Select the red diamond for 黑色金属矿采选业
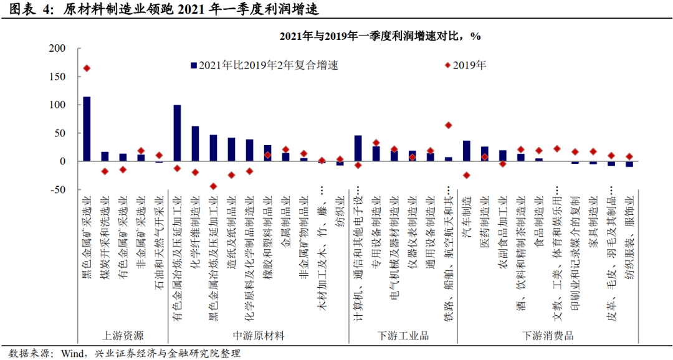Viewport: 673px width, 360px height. pyautogui.click(x=87, y=68)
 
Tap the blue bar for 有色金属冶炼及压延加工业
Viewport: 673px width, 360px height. pyautogui.click(x=177, y=133)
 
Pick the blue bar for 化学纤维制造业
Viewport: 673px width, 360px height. pyautogui.click(x=195, y=144)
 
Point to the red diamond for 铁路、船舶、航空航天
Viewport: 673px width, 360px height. pyautogui.click(x=448, y=125)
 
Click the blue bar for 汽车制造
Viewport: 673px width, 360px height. pyautogui.click(x=466, y=151)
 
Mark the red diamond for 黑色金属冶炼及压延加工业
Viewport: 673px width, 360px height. pyautogui.click(x=213, y=186)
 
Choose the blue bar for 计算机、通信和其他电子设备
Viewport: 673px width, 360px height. pyautogui.click(x=358, y=148)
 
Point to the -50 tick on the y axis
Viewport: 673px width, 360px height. pyautogui.click(x=57, y=189)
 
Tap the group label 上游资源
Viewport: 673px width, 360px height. pyautogui.click(x=122, y=336)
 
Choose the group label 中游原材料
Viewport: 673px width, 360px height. pyautogui.click(x=258, y=336)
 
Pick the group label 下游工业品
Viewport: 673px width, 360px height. pyautogui.click(x=403, y=336)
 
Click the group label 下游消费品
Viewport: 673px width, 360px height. pyautogui.click(x=548, y=336)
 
